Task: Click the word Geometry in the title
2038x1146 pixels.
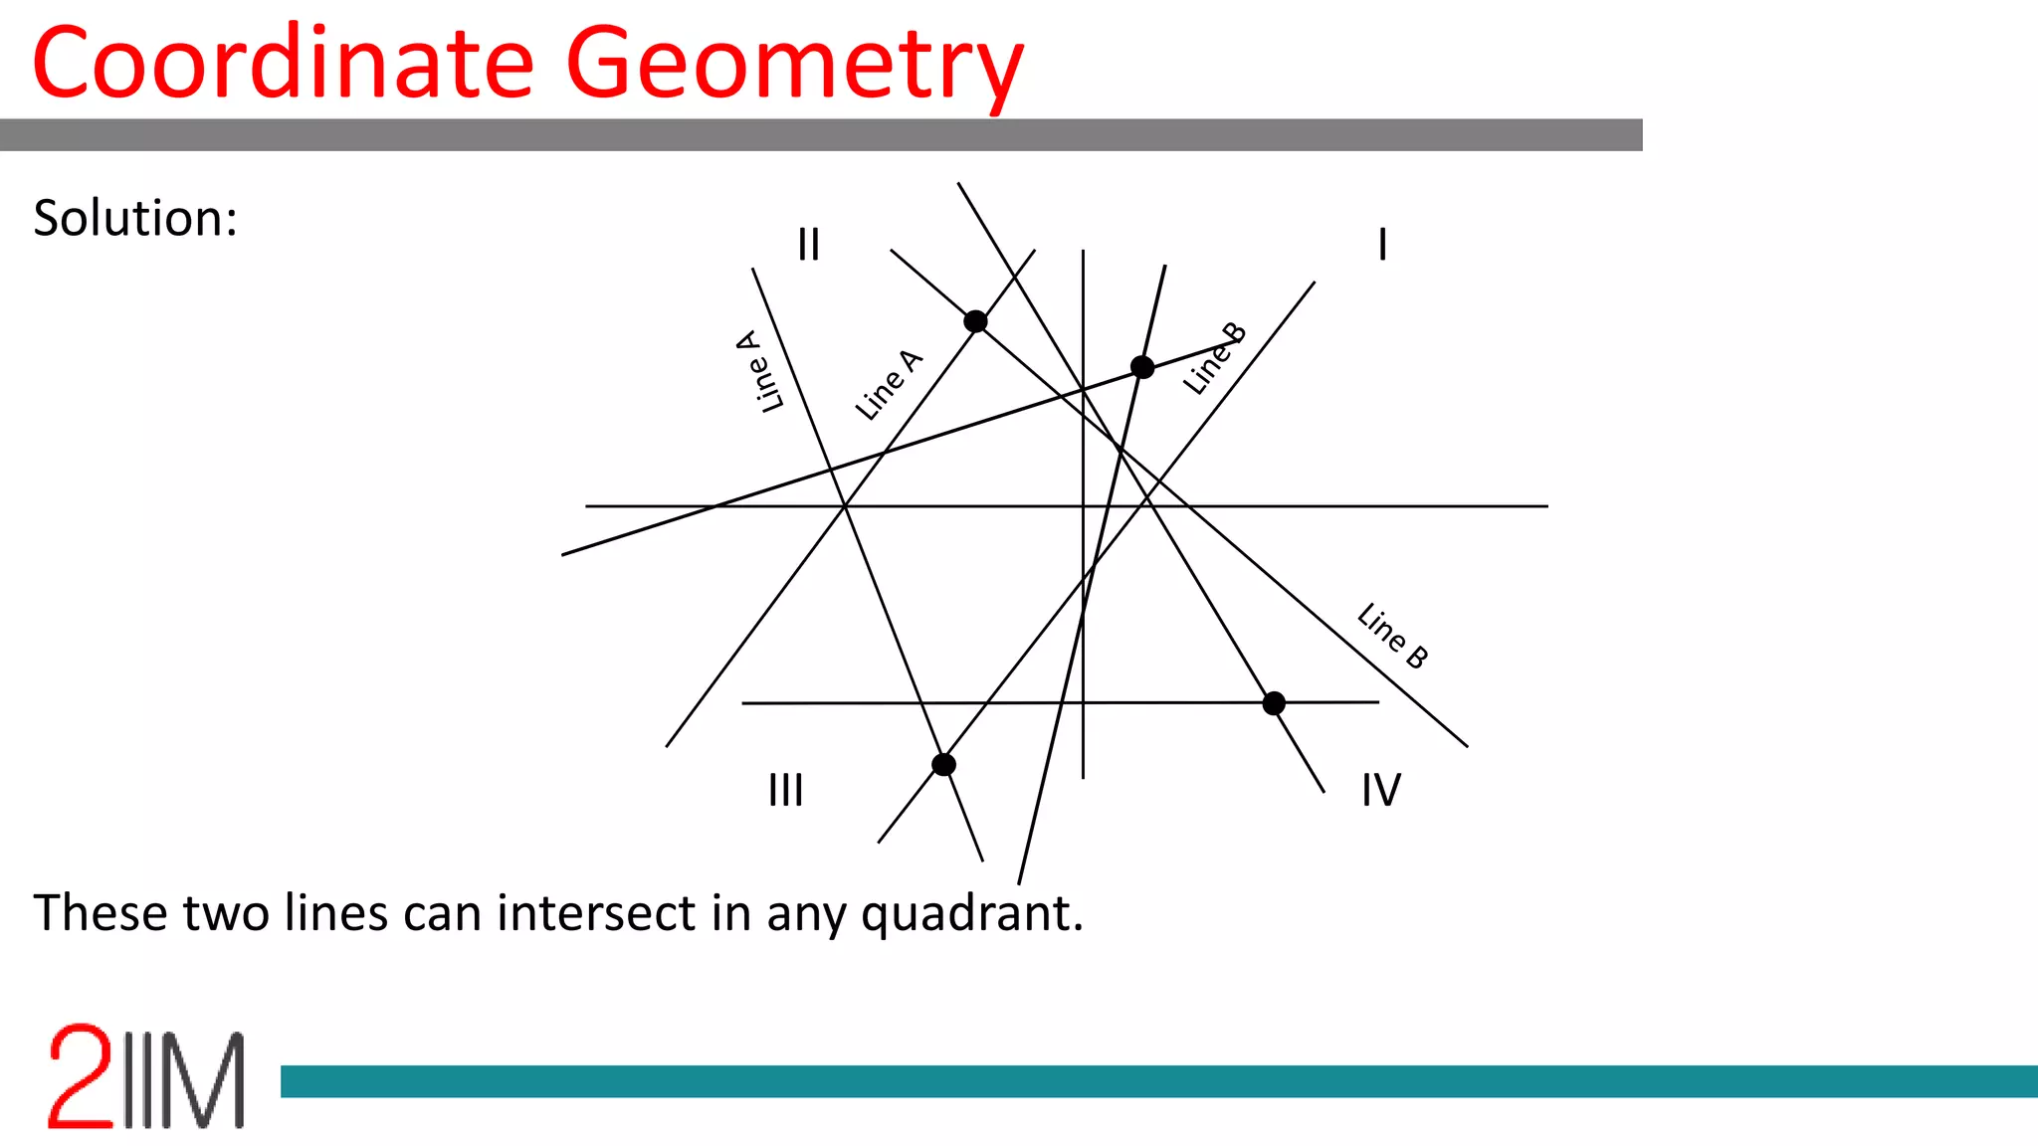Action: tap(794, 66)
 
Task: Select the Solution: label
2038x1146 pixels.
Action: tap(135, 218)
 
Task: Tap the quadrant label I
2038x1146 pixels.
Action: tap(1382, 244)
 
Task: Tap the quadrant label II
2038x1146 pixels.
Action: tap(808, 244)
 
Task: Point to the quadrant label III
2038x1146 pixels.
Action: tap(785, 791)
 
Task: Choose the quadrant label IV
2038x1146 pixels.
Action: tap(1381, 791)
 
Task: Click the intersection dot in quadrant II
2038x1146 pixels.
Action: tap(975, 321)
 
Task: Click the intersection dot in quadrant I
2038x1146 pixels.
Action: tap(1142, 368)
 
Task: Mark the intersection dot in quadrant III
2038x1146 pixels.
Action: tap(943, 764)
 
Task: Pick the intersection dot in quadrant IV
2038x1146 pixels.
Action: tap(1274, 703)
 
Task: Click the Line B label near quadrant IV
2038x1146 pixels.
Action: tap(1392, 636)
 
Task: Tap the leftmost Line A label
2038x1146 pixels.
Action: tap(760, 371)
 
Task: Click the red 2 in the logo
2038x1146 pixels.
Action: tap(80, 1076)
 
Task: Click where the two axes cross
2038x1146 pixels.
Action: tap(1083, 506)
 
